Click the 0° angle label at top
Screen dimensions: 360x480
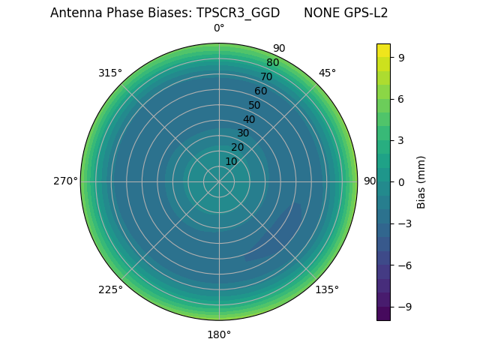[x=219, y=28]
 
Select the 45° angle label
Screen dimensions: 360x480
[x=327, y=73]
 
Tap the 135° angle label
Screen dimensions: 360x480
[x=327, y=289]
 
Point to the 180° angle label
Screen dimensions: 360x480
[x=219, y=334]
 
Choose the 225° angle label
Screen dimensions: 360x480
[x=110, y=289]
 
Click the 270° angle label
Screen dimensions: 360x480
[x=65, y=181]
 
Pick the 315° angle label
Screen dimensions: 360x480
[x=110, y=73]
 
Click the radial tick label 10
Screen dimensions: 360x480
[x=231, y=161]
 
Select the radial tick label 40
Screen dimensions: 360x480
[x=249, y=119]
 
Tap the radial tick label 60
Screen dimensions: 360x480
[x=260, y=91]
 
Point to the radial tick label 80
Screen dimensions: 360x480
[x=272, y=63]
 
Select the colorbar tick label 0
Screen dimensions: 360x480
[x=401, y=181]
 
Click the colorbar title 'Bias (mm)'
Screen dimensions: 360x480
[x=421, y=181]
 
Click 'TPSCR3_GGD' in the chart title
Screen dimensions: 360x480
[x=238, y=13]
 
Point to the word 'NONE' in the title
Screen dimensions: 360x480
[x=319, y=13]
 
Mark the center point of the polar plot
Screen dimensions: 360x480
[x=219, y=181]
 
